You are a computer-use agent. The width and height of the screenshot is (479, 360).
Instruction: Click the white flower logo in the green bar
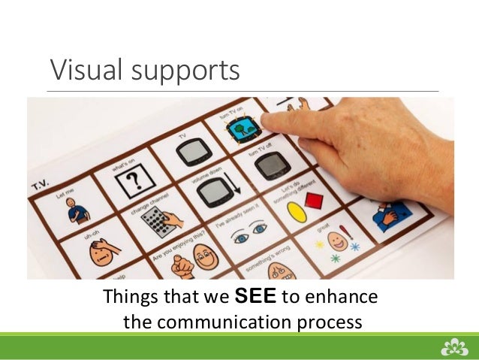453,346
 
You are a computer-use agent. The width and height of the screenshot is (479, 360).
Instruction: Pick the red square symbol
315,201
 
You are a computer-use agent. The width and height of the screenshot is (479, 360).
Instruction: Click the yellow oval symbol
298,208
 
